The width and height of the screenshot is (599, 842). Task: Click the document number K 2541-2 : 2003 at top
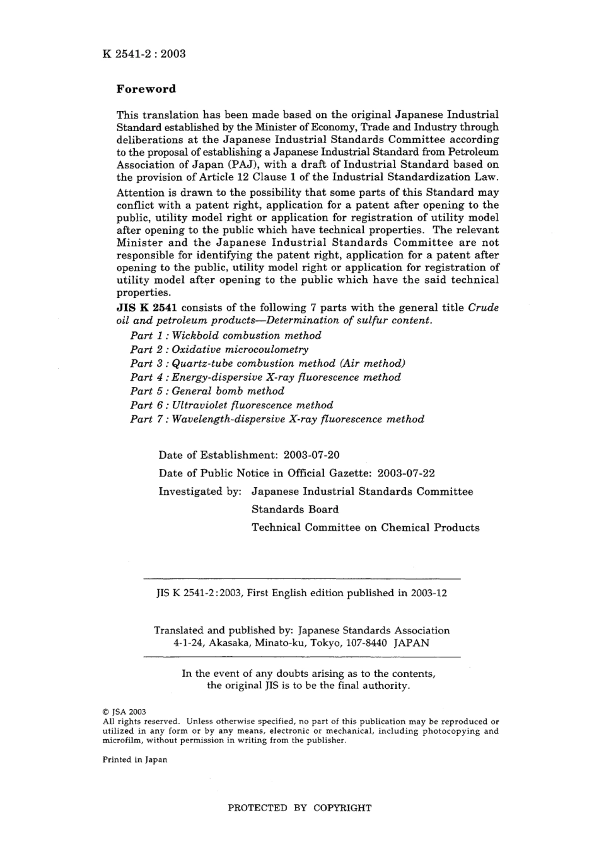coord(144,54)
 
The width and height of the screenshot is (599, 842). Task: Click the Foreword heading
coord(146,89)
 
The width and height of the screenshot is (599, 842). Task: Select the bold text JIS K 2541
coord(147,308)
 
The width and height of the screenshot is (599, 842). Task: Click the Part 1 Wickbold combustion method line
coord(225,335)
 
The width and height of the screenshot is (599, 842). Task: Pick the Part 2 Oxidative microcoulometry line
coord(219,349)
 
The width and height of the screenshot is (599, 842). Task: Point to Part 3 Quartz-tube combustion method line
coord(267,363)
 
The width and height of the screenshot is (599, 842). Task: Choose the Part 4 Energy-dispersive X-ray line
coord(265,377)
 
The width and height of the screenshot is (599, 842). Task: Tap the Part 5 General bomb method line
coord(207,391)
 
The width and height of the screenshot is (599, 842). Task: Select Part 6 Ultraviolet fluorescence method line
coord(231,405)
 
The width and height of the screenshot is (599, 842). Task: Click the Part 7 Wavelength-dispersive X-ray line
coord(277,418)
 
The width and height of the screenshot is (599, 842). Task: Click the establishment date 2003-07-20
coord(312,454)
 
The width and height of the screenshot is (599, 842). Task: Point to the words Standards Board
coord(295,509)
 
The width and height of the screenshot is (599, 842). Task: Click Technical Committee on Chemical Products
coord(365,528)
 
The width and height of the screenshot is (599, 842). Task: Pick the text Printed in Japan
coord(135,759)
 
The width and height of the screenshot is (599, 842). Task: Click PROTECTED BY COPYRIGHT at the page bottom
coord(299,807)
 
